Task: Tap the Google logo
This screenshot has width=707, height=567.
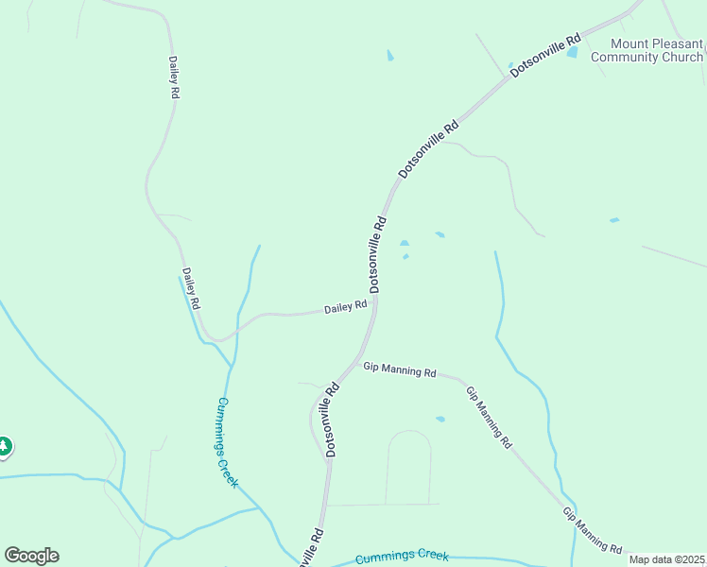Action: point(31,556)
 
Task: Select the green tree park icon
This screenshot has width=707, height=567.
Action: point(4,446)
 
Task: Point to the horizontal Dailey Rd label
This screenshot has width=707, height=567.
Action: point(345,307)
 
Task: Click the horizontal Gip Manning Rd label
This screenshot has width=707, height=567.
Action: point(400,370)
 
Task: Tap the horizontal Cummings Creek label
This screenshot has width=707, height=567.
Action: point(402,558)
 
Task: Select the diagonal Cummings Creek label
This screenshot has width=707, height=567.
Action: point(228,441)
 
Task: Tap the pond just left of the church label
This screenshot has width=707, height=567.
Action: point(572,53)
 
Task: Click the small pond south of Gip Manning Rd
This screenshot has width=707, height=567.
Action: point(440,419)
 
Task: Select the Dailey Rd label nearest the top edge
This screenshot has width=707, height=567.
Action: point(174,77)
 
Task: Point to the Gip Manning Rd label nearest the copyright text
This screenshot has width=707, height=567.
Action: point(593,530)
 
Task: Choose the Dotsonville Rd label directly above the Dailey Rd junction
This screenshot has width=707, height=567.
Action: point(378,254)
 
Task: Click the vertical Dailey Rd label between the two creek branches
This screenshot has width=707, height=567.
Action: point(192,289)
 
